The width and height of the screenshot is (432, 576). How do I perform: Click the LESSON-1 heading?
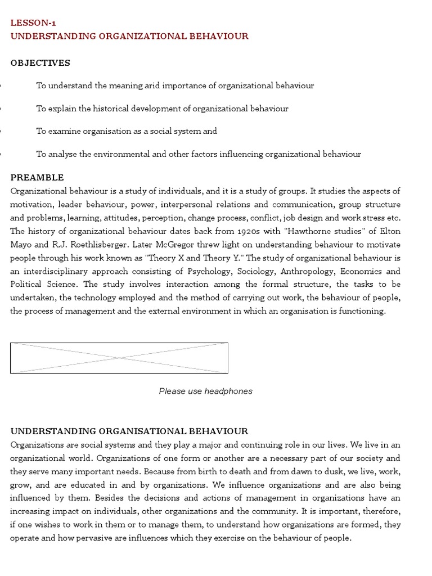[33, 23]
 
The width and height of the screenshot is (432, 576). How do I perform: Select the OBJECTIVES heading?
[40, 63]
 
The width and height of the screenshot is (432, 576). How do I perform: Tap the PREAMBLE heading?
[37, 177]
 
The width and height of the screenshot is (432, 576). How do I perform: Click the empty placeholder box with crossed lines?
[119, 358]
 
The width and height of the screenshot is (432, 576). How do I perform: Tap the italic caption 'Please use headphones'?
[205, 391]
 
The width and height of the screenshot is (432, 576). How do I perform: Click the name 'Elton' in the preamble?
[388, 231]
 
